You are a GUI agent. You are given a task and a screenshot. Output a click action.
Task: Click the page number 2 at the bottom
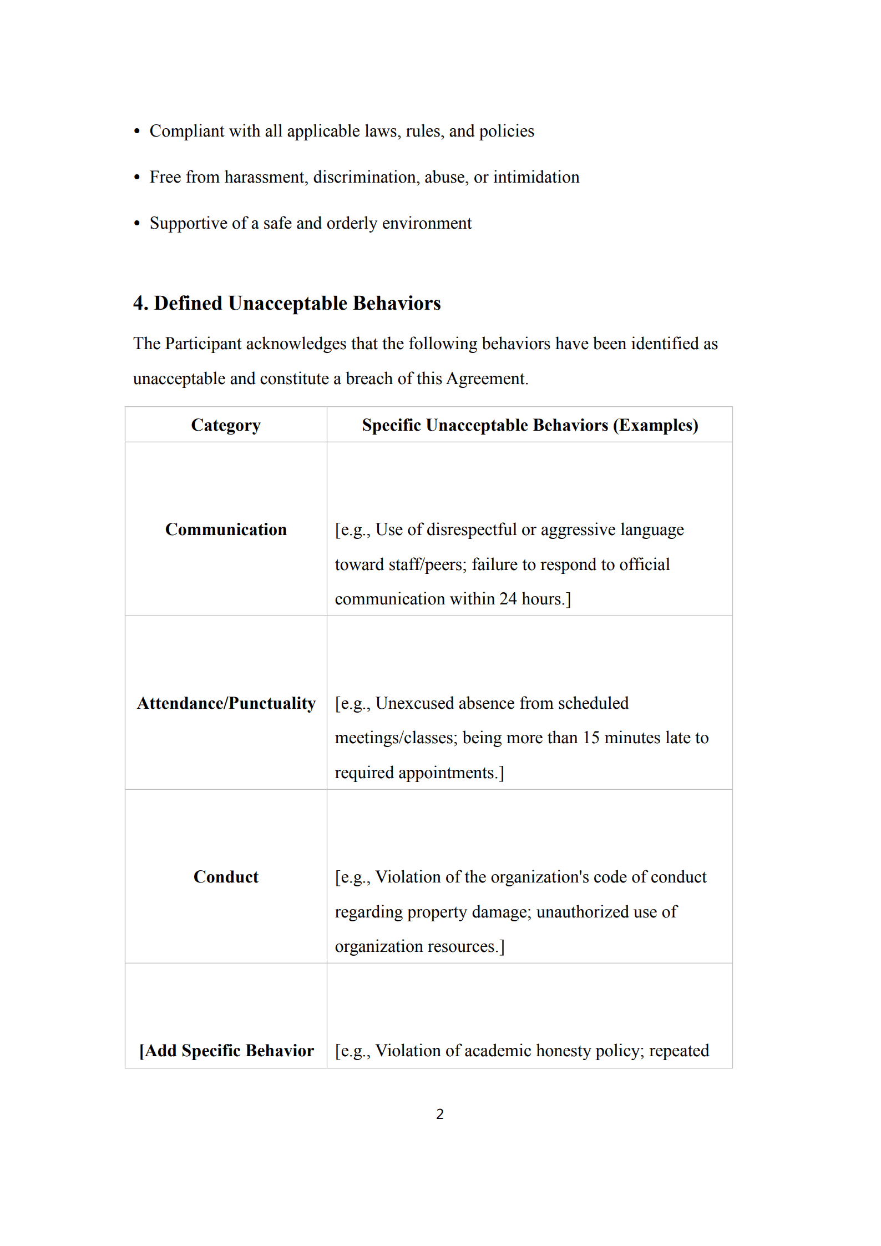(440, 1114)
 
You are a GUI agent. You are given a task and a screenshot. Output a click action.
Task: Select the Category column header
(226, 425)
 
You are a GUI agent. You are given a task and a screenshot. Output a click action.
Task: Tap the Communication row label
(226, 529)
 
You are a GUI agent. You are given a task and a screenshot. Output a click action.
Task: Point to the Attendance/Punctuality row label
(226, 703)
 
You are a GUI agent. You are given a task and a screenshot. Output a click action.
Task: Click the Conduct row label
(226, 877)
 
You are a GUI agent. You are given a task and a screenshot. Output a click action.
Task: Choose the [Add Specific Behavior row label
(226, 1051)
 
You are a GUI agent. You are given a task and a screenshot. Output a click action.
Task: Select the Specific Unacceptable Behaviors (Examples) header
(530, 425)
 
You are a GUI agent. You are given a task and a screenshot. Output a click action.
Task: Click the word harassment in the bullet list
(266, 177)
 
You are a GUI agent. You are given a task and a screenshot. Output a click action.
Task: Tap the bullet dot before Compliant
(137, 132)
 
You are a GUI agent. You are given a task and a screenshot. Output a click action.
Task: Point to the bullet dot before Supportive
(137, 224)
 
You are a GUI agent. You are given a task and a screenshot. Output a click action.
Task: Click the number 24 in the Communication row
(508, 599)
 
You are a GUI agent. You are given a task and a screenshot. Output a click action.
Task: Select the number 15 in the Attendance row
(591, 738)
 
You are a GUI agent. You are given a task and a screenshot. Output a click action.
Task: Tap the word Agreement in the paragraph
(486, 379)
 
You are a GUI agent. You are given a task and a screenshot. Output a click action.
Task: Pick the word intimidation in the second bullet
(536, 177)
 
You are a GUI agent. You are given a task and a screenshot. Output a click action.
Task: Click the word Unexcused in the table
(414, 703)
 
